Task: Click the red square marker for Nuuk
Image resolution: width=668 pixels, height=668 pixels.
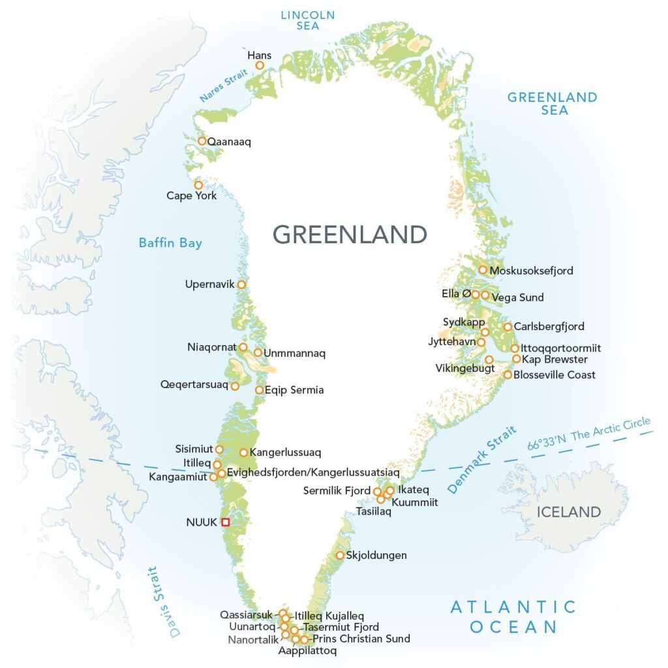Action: (x=225, y=521)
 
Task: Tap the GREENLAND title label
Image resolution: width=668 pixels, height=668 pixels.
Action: (x=350, y=234)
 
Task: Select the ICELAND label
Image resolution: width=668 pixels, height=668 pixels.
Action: (x=568, y=512)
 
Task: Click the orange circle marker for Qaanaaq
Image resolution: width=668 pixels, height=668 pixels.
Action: (x=202, y=141)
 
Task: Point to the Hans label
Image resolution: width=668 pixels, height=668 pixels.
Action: (x=259, y=55)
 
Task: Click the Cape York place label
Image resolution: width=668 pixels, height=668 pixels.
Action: (x=191, y=196)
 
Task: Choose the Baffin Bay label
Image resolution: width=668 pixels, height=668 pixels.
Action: (x=170, y=243)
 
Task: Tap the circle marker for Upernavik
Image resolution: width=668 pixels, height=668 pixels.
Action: (x=241, y=284)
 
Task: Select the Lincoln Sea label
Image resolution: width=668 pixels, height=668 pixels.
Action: (x=308, y=20)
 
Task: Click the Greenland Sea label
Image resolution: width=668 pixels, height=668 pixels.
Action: (x=552, y=104)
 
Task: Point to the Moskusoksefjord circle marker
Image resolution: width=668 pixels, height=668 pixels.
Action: (x=483, y=269)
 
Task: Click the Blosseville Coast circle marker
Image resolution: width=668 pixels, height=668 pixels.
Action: (x=508, y=374)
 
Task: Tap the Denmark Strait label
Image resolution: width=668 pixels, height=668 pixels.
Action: (x=481, y=459)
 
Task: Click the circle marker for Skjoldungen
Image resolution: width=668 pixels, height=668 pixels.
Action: (x=340, y=555)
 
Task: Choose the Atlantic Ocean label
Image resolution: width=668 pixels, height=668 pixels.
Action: (x=513, y=617)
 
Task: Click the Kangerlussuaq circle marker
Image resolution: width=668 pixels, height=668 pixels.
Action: (x=244, y=452)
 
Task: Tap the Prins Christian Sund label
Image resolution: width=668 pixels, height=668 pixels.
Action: (x=361, y=639)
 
